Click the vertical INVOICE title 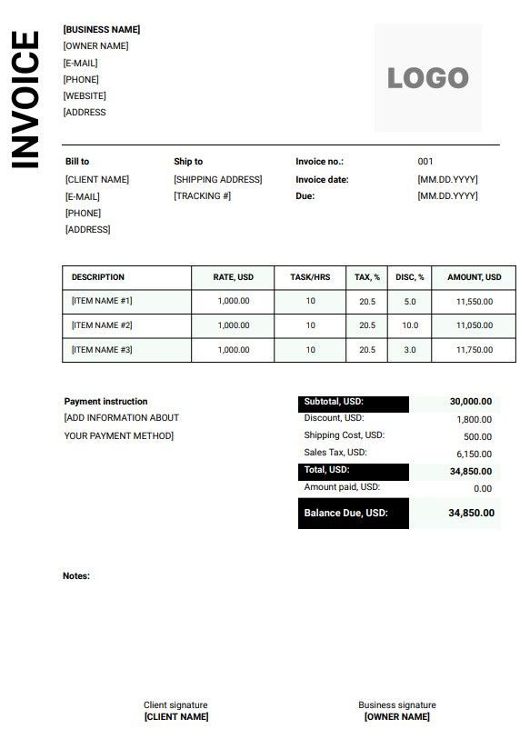coord(25,100)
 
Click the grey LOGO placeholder coord(427,78)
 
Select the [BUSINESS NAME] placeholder coord(101,30)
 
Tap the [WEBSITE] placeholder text coord(85,96)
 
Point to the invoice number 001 coord(425,162)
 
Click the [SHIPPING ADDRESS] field coord(217,180)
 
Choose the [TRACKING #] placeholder coord(202,196)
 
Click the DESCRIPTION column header coord(98,277)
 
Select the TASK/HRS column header coord(310,277)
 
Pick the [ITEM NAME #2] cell coord(102,325)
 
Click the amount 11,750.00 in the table coord(474,350)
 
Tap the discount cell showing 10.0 coord(410,325)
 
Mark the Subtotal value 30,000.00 coord(471,402)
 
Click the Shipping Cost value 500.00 coord(477,436)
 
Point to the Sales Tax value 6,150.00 coord(474,454)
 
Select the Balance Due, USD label coord(345,514)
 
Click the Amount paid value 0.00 coord(483,489)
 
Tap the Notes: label coord(76,576)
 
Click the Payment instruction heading coord(105,402)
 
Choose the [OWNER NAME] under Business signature coord(397,717)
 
